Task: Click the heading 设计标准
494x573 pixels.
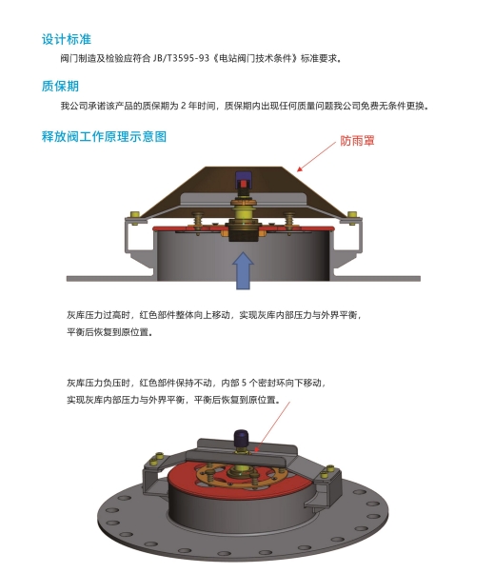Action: (66, 39)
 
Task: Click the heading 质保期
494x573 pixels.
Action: (60, 87)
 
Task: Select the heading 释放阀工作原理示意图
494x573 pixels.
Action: (104, 137)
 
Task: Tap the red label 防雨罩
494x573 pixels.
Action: (357, 141)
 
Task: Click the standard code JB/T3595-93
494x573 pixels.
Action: (181, 58)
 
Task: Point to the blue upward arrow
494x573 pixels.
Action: (243, 270)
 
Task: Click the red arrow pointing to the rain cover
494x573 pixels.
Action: (316, 157)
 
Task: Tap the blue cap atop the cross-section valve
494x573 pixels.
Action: (242, 177)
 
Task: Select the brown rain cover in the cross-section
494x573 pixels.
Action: (243, 190)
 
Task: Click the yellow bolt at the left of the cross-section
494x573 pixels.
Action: (134, 216)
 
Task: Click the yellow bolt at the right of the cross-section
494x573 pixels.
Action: (352, 216)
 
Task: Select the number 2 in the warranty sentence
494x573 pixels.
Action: (184, 106)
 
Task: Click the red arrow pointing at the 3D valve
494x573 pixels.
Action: (272, 426)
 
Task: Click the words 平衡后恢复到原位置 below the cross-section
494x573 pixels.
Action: (108, 332)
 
